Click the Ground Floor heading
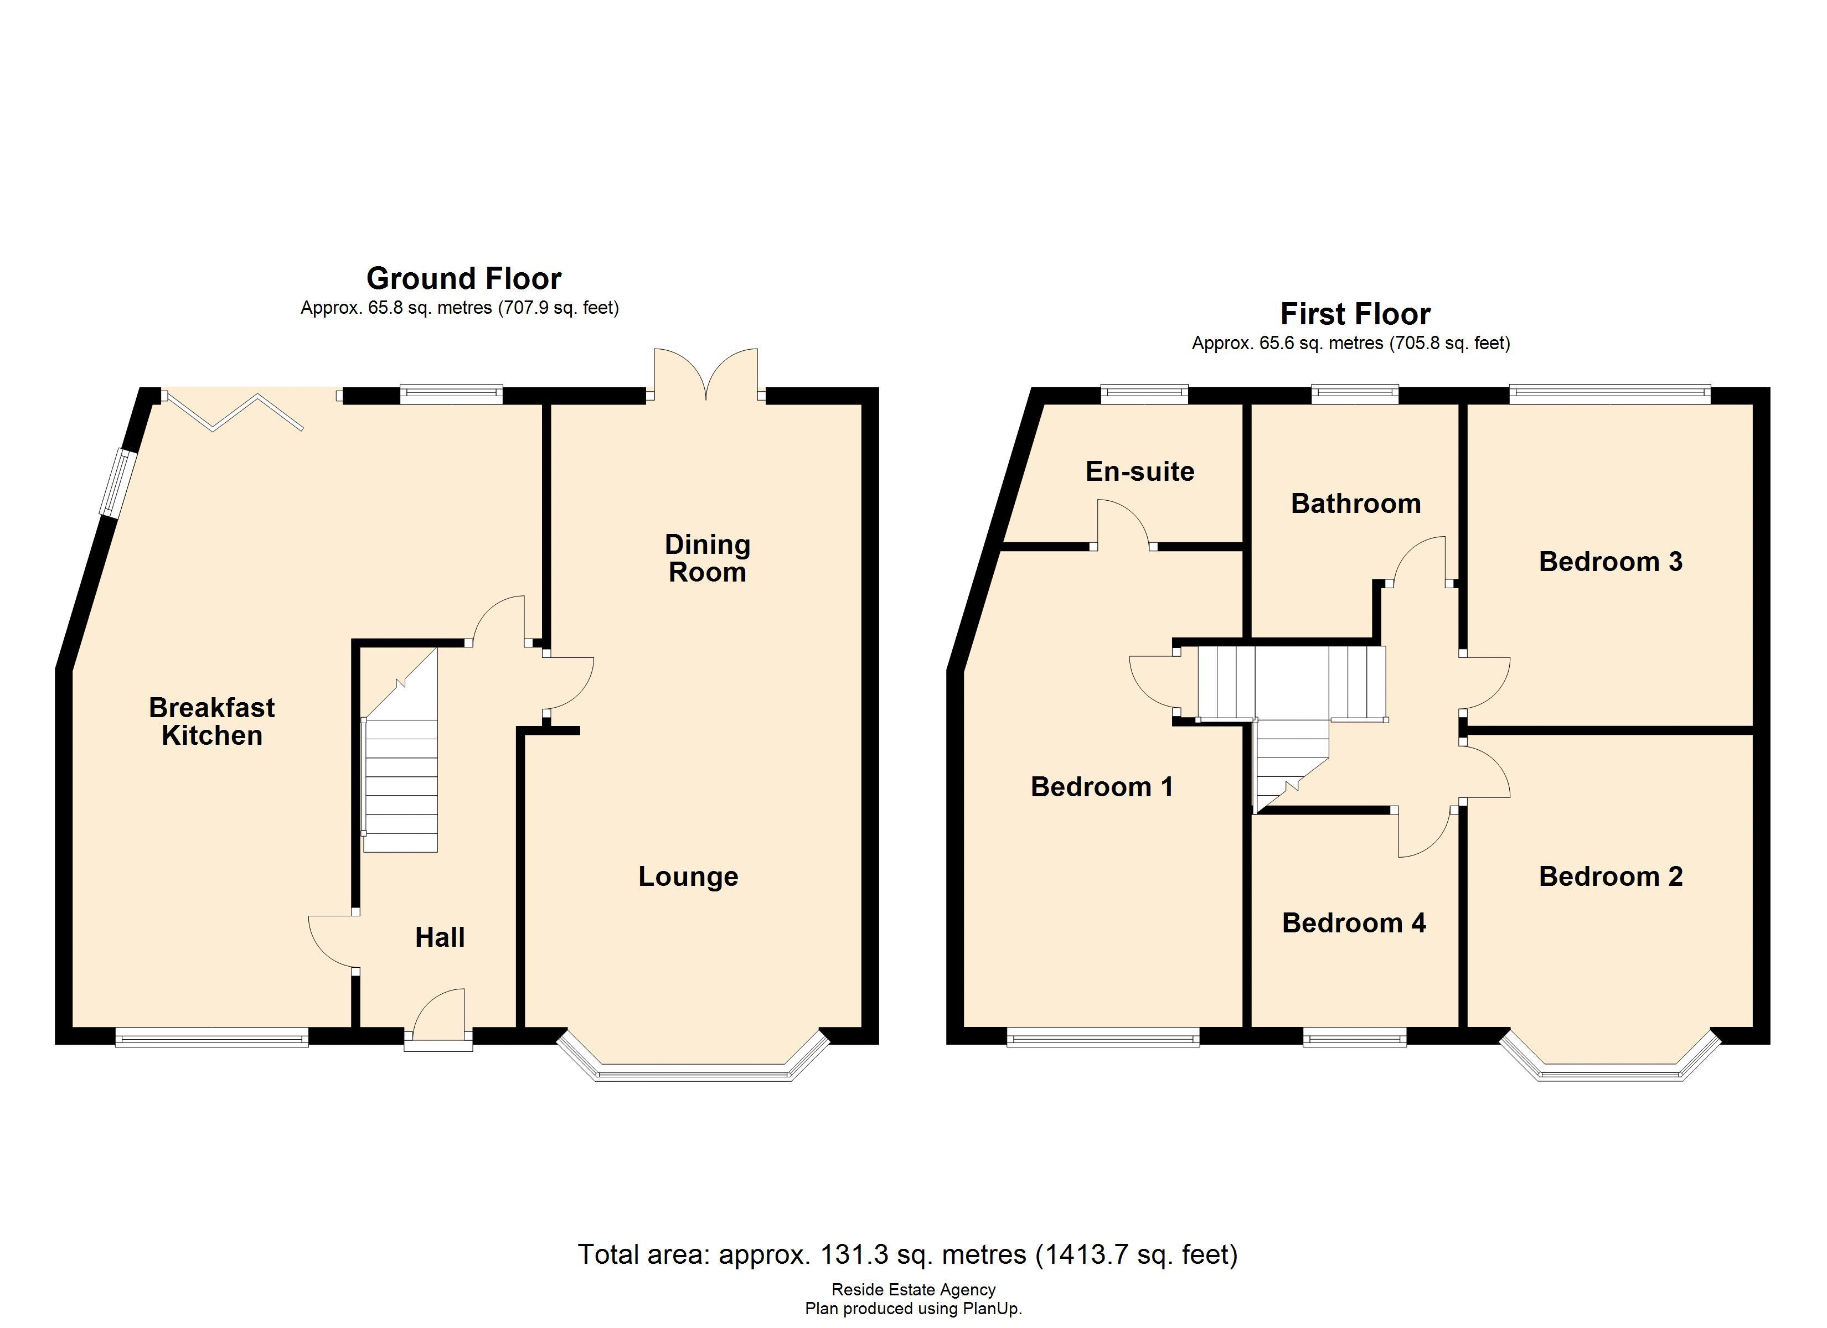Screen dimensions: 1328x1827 463,279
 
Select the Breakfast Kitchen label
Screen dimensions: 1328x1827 212,722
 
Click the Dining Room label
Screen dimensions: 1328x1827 708,558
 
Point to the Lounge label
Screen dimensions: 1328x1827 688,876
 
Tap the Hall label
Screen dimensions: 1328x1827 440,937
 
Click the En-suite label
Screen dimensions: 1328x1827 1140,471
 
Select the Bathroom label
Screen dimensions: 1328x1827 1356,504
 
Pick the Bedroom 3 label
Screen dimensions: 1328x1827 1611,561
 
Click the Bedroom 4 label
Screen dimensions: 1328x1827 1354,922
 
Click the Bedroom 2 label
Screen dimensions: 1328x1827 1611,876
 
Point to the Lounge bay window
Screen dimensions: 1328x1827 693,1071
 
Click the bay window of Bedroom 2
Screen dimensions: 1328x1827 1611,1071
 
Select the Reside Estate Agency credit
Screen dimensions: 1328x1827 913,1289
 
